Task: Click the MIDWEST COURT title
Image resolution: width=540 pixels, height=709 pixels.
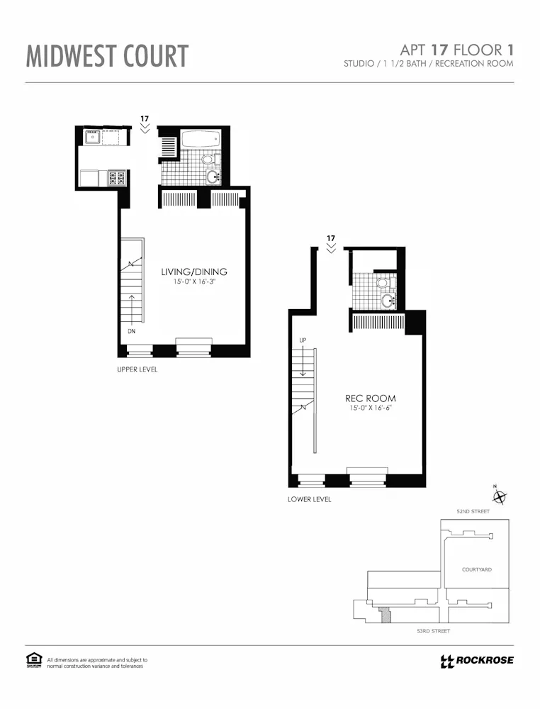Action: (108, 55)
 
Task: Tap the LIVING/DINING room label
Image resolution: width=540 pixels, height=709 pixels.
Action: (194, 272)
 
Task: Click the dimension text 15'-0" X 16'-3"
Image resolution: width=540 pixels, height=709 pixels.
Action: (194, 282)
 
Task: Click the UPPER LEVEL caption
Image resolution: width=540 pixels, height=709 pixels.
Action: (137, 369)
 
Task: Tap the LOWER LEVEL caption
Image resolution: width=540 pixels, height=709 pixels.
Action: (309, 499)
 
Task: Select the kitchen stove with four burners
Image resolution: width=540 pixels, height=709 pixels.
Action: (117, 177)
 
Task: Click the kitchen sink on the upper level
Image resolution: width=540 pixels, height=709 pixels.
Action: (92, 137)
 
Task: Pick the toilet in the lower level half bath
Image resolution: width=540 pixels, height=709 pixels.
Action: (383, 283)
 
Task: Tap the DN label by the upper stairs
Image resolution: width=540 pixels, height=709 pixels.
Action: (131, 331)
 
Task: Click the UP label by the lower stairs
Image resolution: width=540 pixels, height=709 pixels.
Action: (303, 340)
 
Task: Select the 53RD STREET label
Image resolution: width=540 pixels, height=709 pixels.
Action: (433, 630)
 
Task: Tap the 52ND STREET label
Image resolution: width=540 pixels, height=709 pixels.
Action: (473, 511)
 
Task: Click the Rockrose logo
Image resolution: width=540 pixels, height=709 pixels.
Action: (476, 661)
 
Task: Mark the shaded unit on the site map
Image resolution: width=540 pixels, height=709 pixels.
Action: (386, 614)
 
